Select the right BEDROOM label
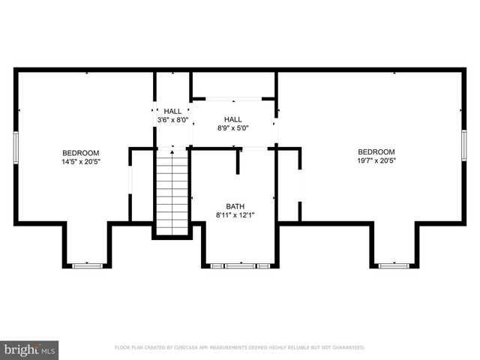(x=376, y=151)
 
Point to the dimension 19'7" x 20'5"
(x=376, y=160)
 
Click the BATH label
(x=235, y=207)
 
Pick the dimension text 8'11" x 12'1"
(x=235, y=216)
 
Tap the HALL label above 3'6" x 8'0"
(x=172, y=111)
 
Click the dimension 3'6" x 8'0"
(x=172, y=120)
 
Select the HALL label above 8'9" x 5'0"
(x=233, y=119)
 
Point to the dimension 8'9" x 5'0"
(x=233, y=128)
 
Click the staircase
(x=172, y=191)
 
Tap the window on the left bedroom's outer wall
(x=16, y=147)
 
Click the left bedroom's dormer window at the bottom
(x=86, y=265)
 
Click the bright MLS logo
(x=29, y=349)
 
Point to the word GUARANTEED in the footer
(x=346, y=348)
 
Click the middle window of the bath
(x=239, y=265)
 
